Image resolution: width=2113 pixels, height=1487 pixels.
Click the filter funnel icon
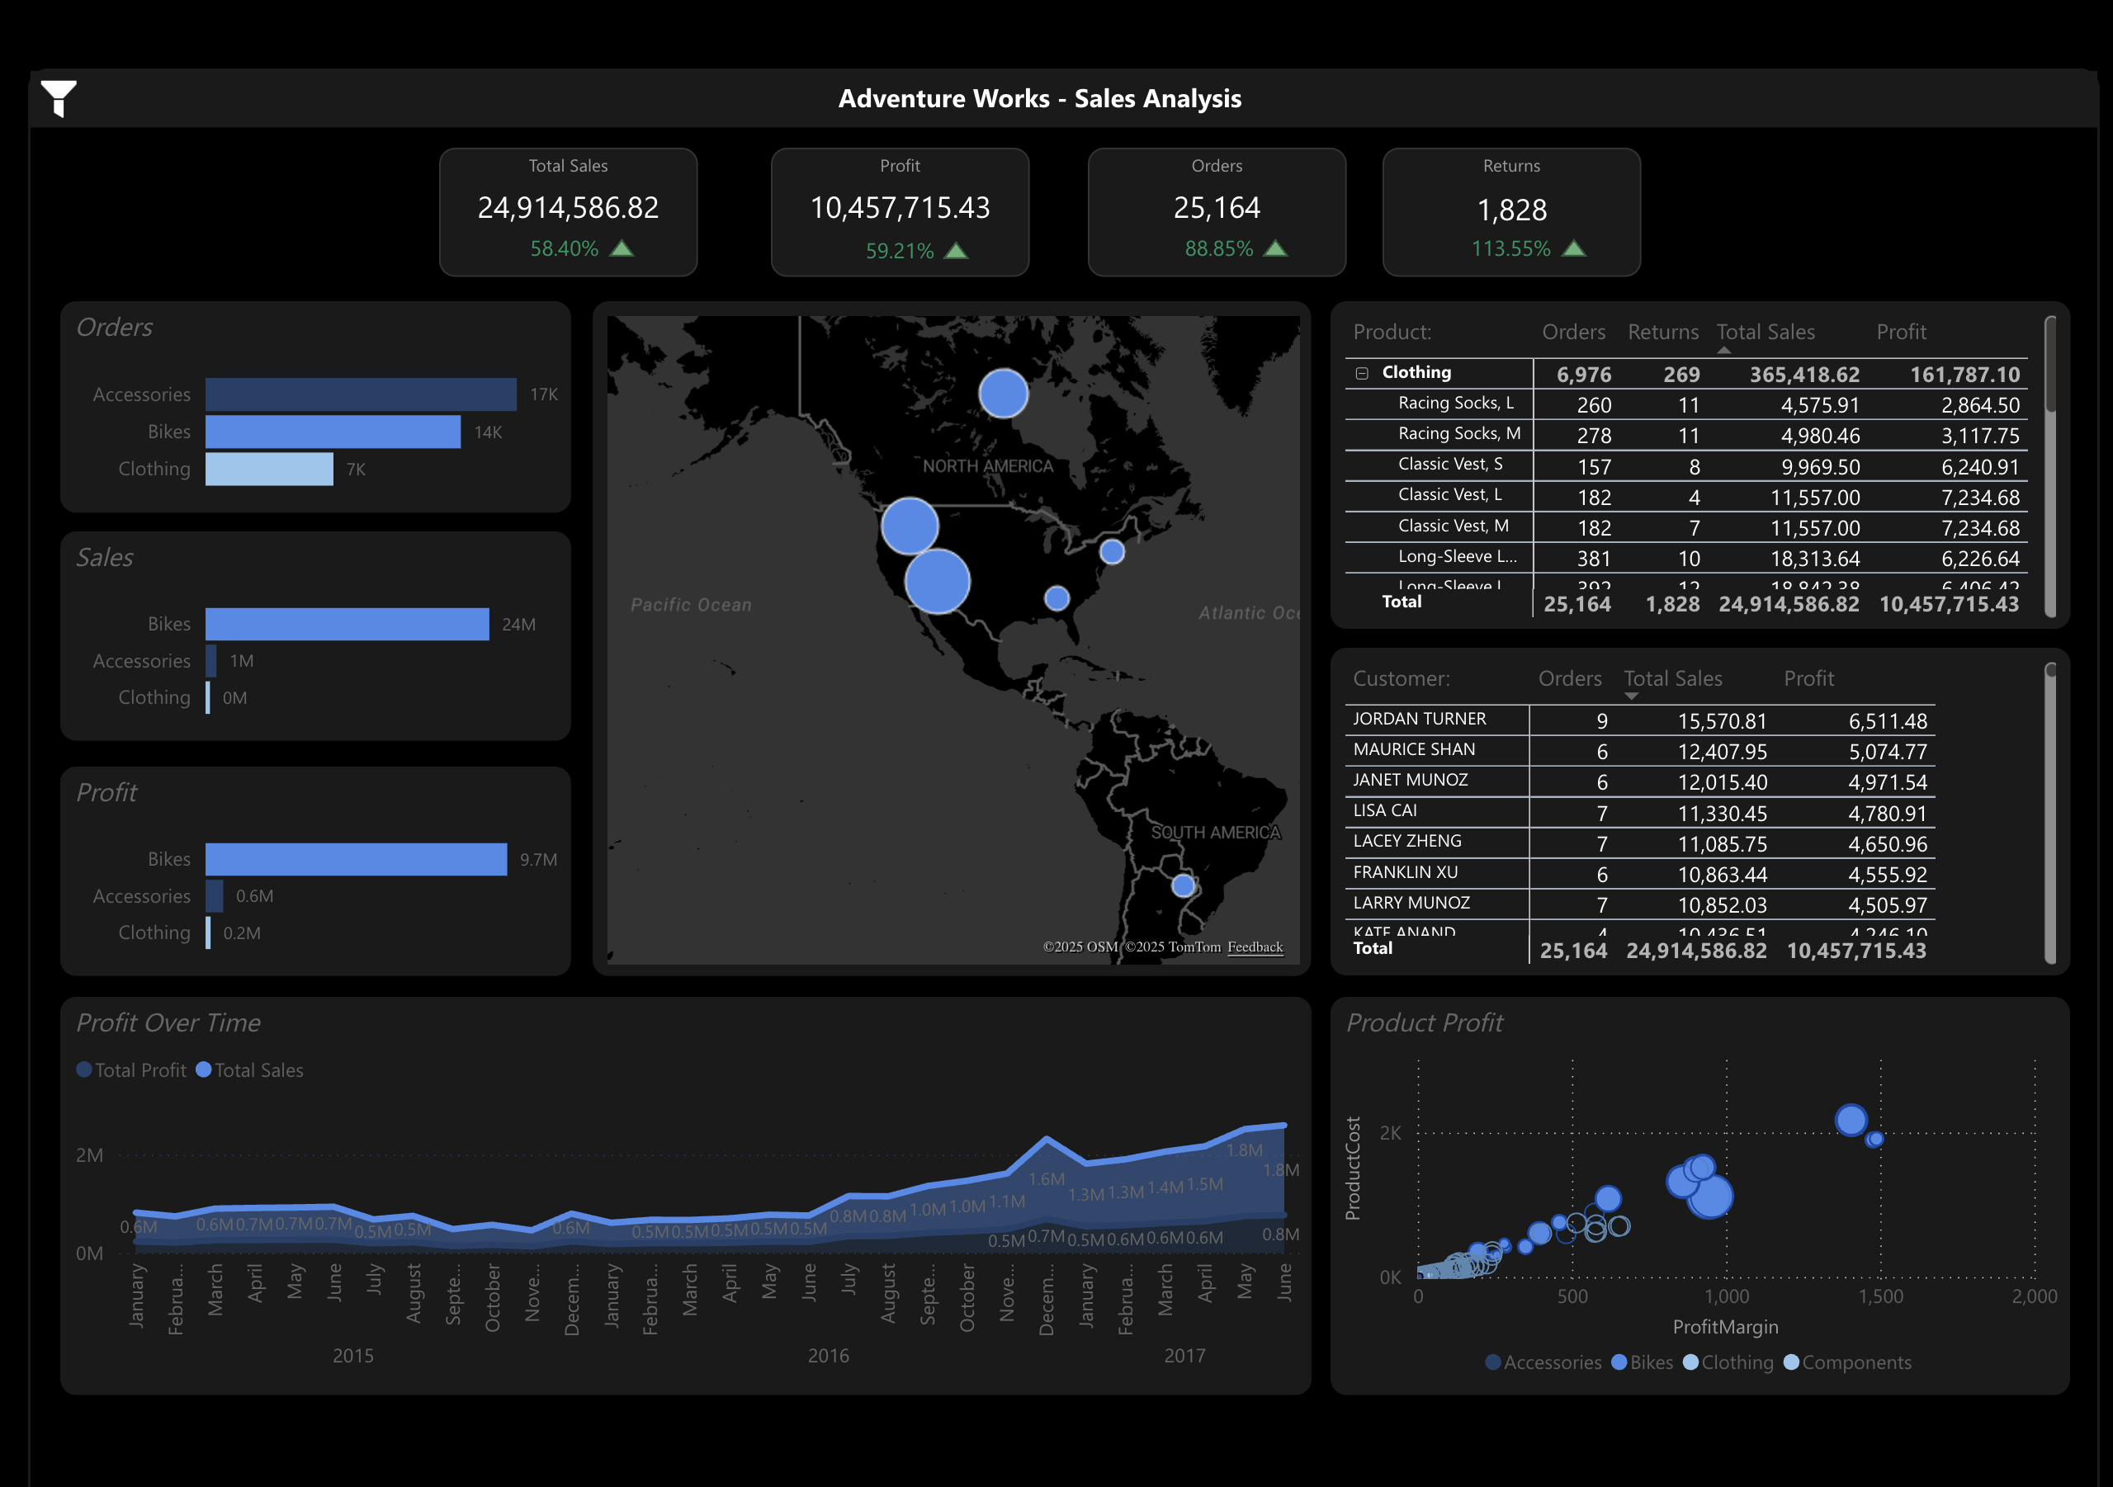[58, 97]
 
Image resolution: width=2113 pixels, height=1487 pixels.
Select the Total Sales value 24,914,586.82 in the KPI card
[568, 208]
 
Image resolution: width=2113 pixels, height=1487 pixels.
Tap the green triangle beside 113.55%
[1574, 248]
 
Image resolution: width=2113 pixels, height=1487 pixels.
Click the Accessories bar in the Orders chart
[360, 394]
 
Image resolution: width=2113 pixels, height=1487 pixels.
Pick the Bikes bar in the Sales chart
[346, 624]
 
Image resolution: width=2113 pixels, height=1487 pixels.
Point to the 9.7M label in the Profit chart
[537, 860]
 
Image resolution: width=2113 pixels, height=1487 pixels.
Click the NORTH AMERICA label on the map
[987, 465]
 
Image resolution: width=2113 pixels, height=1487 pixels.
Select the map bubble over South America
[1183, 885]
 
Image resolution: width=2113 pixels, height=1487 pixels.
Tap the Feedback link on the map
[1255, 946]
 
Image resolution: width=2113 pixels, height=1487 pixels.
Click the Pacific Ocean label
[690, 605]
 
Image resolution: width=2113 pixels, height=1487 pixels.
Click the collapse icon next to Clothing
[1361, 373]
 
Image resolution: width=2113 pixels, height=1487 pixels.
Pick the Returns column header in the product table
[1662, 333]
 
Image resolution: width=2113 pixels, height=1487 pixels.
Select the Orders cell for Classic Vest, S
[1594, 466]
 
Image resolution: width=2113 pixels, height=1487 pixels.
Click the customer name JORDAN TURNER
[1419, 719]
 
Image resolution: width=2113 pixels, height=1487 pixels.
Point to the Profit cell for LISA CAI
[1887, 814]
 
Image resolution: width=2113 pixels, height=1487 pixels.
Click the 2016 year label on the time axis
[827, 1356]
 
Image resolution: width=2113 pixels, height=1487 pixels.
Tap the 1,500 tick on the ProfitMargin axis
[1880, 1296]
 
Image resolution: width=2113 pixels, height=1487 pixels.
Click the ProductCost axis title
[1352, 1168]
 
